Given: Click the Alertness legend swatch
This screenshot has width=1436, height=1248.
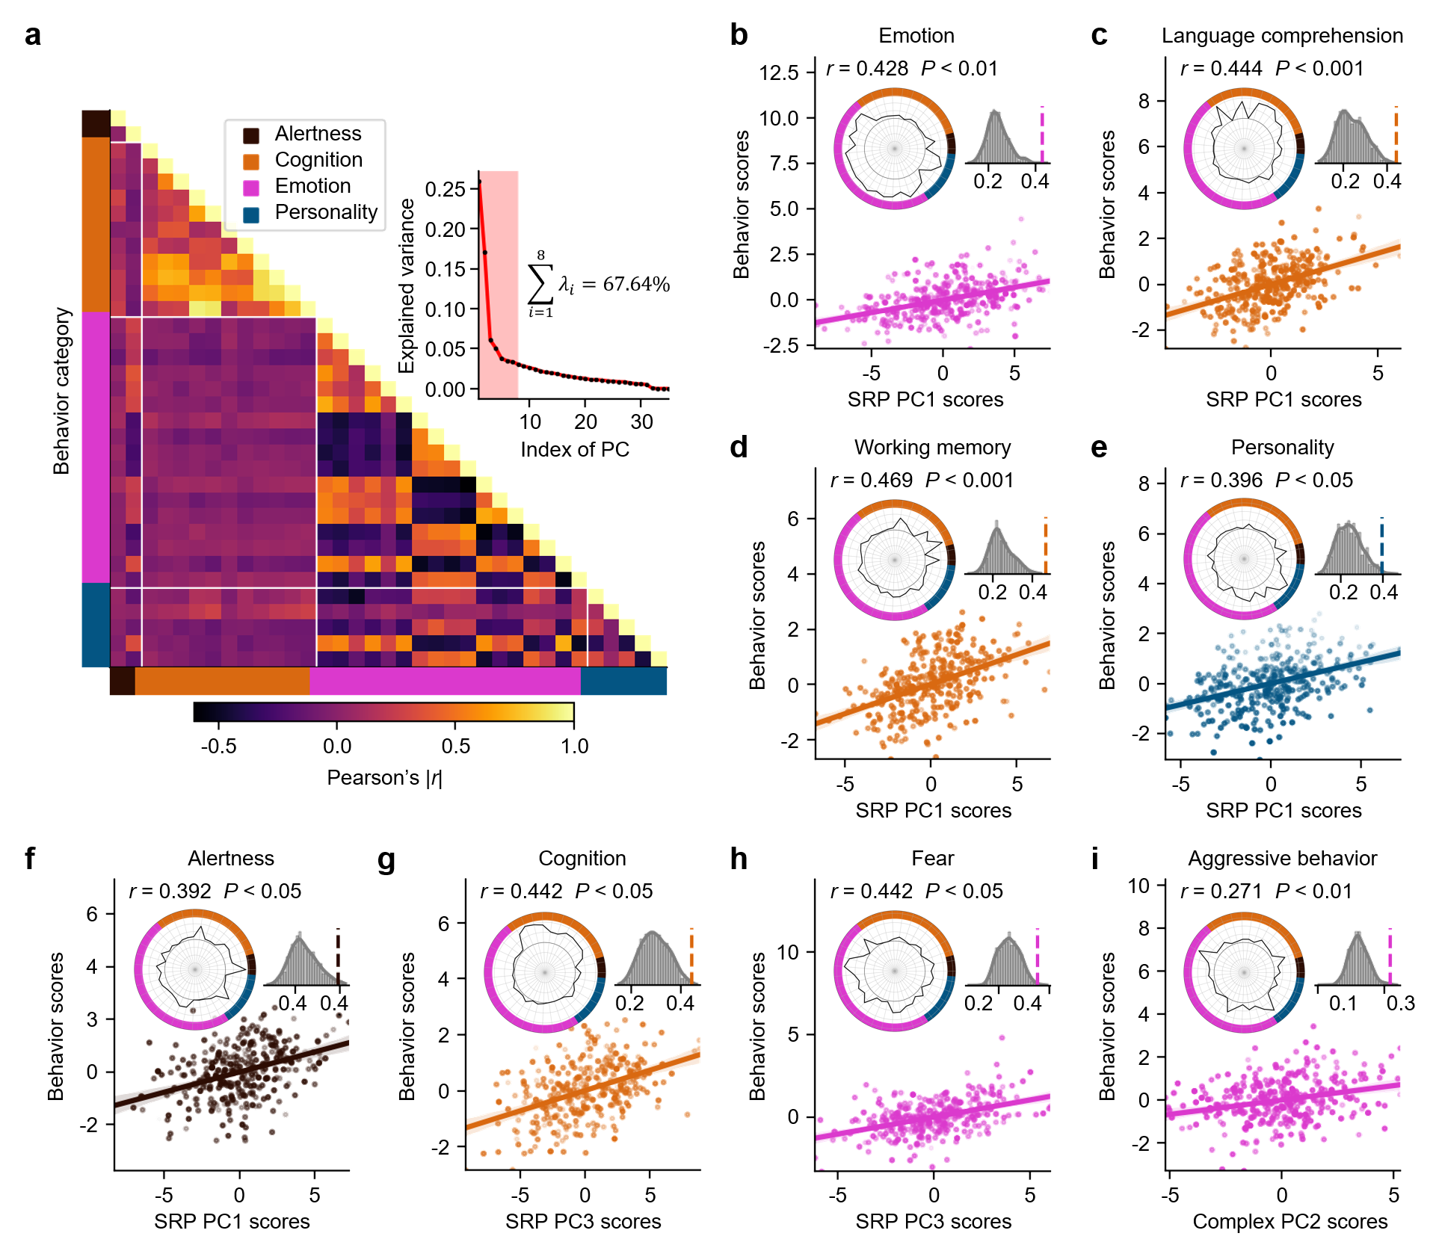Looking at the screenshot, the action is [x=251, y=135].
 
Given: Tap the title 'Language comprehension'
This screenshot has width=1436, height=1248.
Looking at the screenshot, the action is [x=1282, y=36].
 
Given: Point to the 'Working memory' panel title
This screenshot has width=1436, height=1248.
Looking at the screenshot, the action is [x=932, y=447].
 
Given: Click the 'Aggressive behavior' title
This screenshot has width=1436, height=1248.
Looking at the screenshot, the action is [x=1282, y=858].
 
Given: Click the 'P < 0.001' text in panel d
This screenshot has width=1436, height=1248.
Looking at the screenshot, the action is [x=969, y=480].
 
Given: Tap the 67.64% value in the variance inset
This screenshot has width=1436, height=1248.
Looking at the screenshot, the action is [x=636, y=284].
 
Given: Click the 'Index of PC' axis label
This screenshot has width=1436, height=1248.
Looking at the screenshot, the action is [x=575, y=449].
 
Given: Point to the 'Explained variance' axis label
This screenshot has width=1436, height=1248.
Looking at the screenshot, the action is [x=406, y=286].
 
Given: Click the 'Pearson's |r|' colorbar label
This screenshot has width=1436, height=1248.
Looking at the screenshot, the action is [x=384, y=778].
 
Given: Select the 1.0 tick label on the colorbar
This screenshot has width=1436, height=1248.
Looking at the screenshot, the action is [x=575, y=746].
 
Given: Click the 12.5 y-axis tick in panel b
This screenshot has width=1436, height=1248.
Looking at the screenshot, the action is [x=779, y=72].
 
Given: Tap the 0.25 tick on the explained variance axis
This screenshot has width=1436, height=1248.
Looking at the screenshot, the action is [x=446, y=189].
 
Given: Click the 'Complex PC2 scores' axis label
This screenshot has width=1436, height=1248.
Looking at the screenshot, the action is [x=1290, y=1221].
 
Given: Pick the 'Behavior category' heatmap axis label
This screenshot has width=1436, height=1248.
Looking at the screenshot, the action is [x=61, y=391].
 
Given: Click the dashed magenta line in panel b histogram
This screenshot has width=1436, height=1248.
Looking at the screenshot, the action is [x=1041, y=135].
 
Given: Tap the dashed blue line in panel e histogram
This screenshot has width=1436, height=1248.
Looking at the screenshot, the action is [x=1381, y=546].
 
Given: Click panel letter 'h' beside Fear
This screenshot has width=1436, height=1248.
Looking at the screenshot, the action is [x=739, y=859].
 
